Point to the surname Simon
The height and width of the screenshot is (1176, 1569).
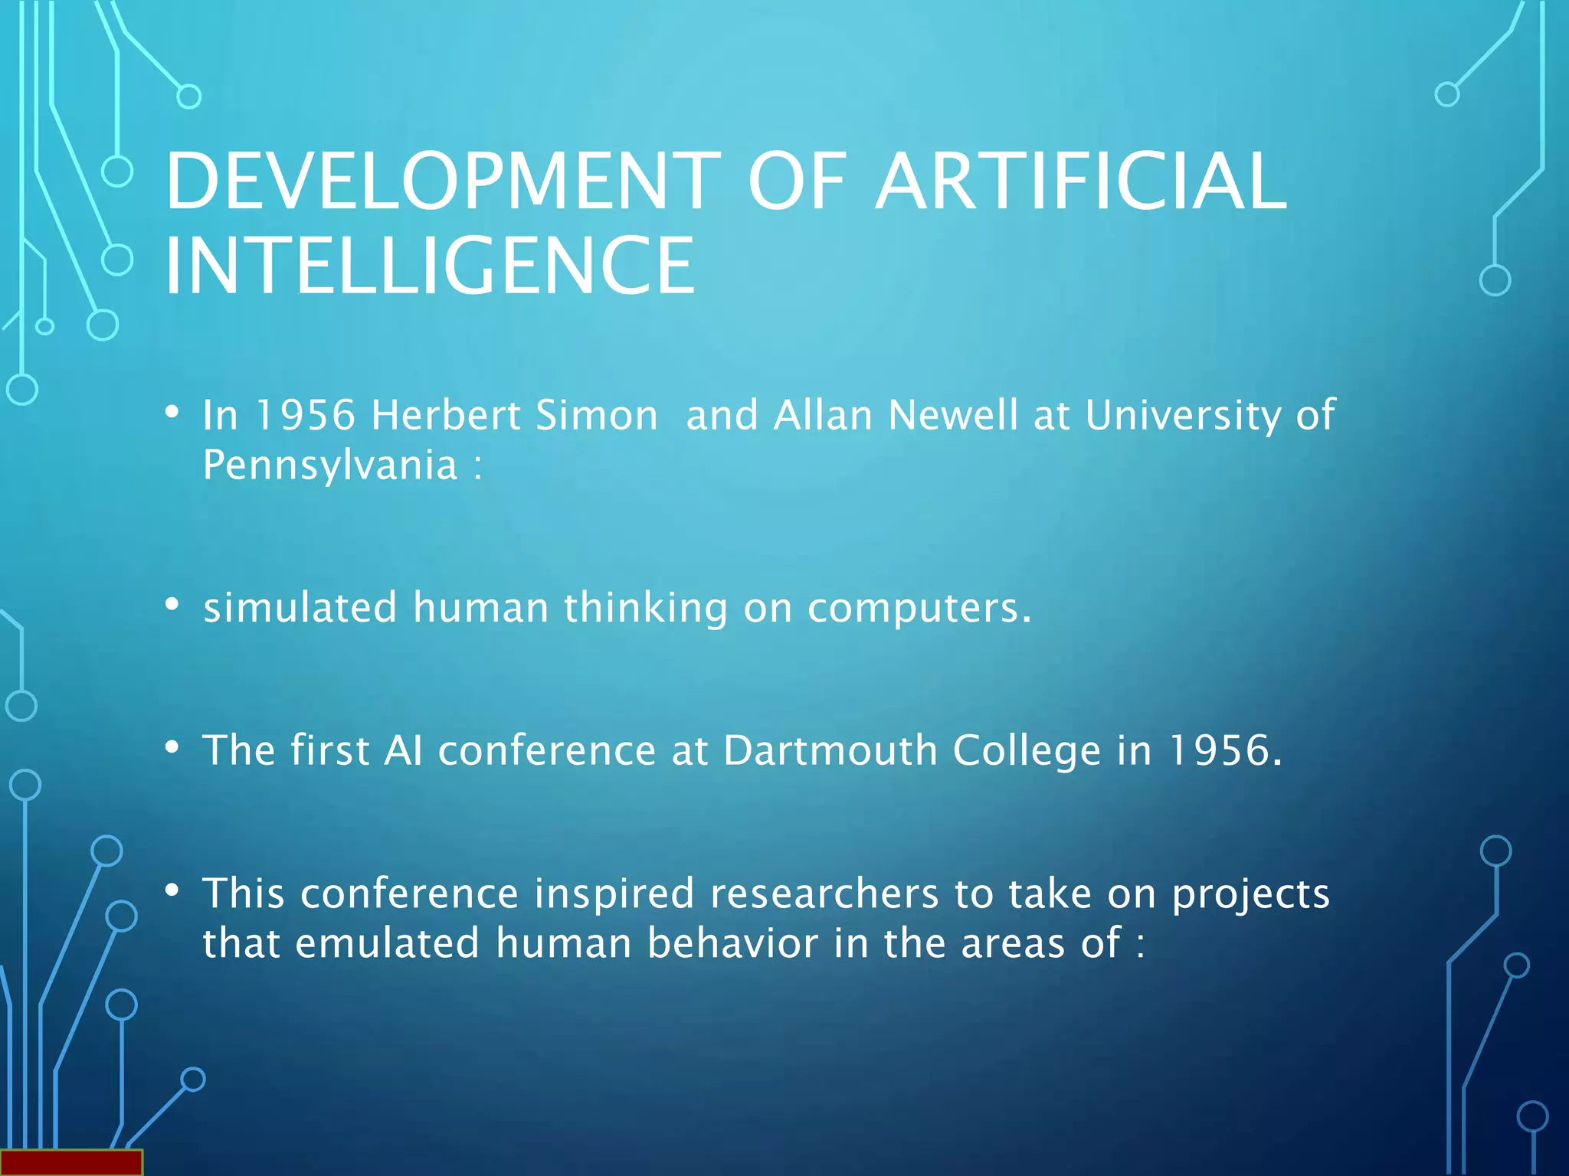coord(597,415)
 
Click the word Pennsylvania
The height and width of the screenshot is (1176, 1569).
coord(330,465)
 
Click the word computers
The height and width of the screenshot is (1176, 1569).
coord(919,609)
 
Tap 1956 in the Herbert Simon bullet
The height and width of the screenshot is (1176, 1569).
coord(305,415)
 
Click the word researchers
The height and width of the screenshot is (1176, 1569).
coord(824,893)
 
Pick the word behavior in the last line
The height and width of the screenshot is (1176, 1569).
coord(733,942)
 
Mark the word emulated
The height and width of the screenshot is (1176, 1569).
coord(388,942)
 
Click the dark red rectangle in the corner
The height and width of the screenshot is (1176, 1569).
coord(71,1162)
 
